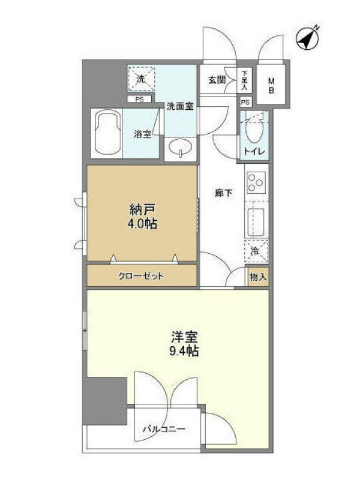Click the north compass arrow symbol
tap(307, 38)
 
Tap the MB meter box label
tap(272, 86)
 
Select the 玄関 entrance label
tap(217, 80)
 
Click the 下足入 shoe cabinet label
tap(244, 80)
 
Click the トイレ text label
tap(254, 151)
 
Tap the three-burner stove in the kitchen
tap(256, 182)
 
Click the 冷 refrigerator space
tap(257, 251)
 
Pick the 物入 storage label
tap(258, 277)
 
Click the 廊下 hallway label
tap(223, 193)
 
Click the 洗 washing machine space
tap(141, 79)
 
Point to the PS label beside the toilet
tap(245, 102)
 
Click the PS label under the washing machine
tap(140, 100)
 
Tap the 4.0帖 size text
tap(142, 224)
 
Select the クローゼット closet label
tap(141, 277)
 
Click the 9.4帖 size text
tap(184, 351)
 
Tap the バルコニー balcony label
tap(164, 429)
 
